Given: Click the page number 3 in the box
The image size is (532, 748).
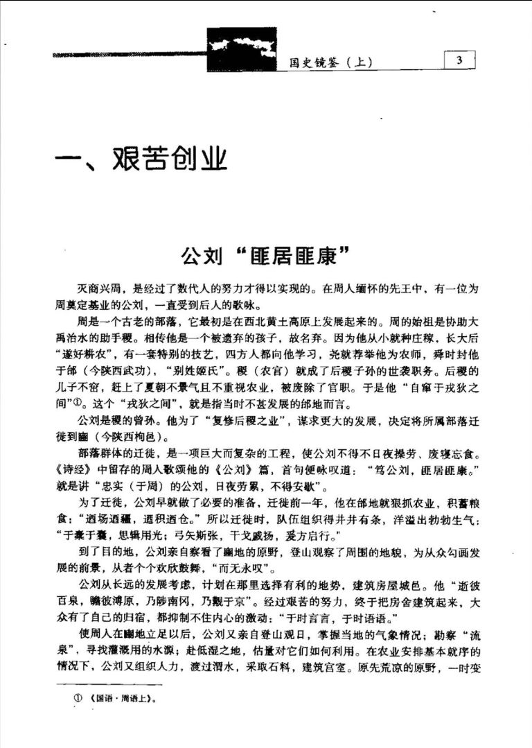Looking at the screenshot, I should [459, 60].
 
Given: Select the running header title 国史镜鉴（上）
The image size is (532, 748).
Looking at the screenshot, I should [331, 62].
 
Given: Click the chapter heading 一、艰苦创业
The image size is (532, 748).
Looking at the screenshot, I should [142, 161].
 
